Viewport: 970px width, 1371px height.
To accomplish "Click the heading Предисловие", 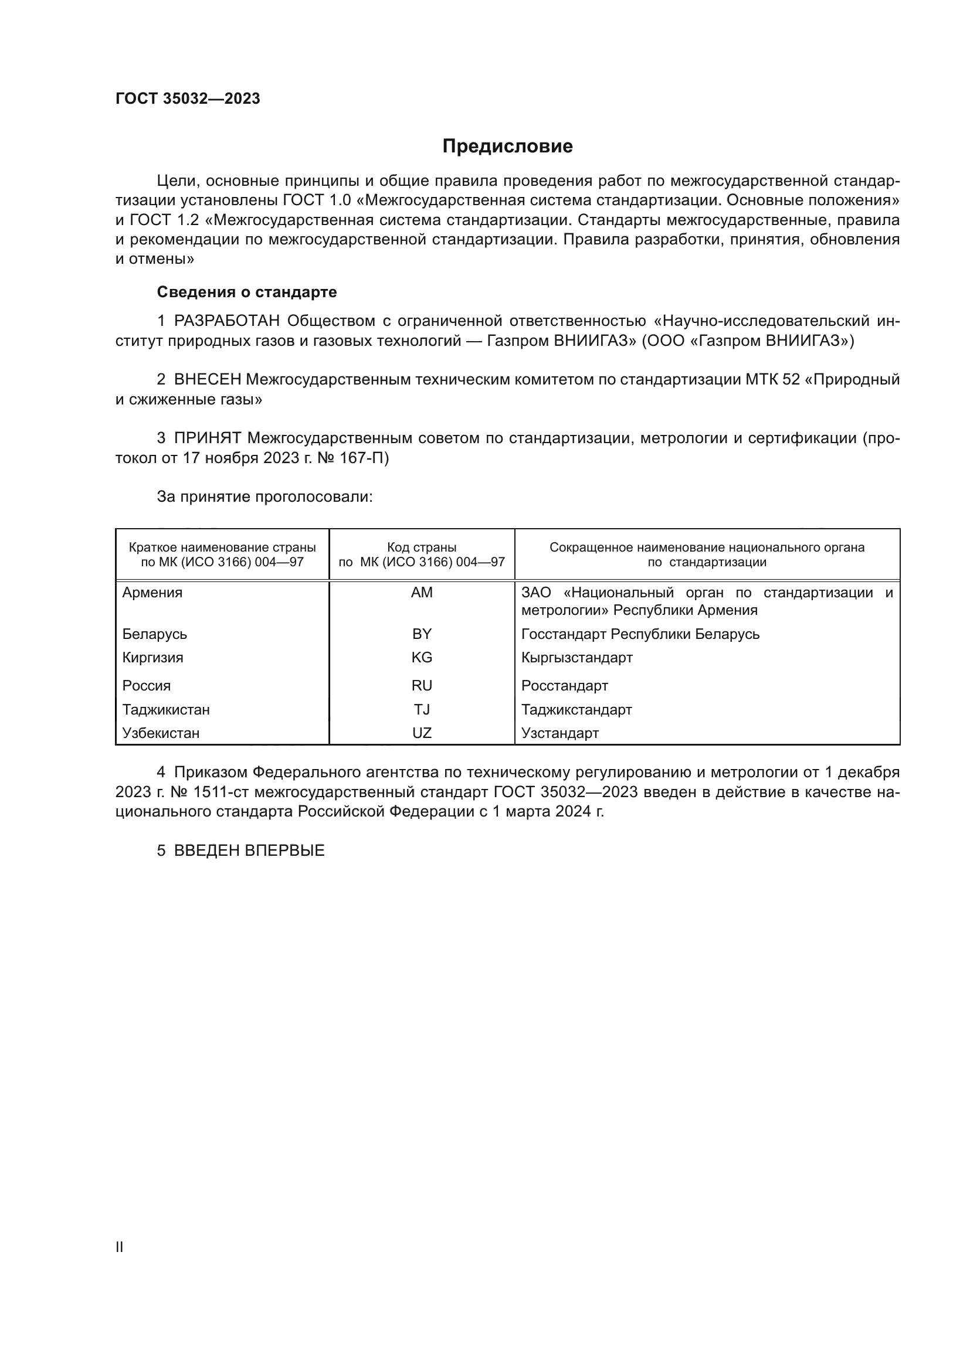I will (507, 147).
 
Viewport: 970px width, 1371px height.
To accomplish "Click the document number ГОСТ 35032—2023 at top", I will (188, 98).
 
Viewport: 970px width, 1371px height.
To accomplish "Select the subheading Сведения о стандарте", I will (247, 292).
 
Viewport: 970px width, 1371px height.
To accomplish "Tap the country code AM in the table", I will (422, 593).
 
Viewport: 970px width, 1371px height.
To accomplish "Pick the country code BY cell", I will (422, 634).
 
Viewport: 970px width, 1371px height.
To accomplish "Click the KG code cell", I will (422, 658).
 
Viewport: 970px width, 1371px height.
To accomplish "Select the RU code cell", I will (422, 686).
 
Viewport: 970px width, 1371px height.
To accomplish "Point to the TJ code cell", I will (422, 709).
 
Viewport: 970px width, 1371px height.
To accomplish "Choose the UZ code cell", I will (422, 733).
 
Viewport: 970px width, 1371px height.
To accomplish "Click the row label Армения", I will (152, 593).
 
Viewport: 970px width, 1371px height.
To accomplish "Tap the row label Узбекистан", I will (161, 733).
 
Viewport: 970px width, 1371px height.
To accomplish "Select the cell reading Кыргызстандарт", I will (576, 658).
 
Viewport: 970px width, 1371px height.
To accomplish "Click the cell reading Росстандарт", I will (564, 686).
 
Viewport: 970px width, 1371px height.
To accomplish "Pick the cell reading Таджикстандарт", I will (576, 709).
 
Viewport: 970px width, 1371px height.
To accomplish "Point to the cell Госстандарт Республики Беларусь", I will (640, 634).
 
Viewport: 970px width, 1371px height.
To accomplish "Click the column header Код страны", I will (422, 547).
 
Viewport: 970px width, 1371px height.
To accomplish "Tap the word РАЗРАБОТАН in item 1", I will (227, 321).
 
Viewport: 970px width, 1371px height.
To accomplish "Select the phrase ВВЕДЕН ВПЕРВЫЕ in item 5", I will (249, 851).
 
